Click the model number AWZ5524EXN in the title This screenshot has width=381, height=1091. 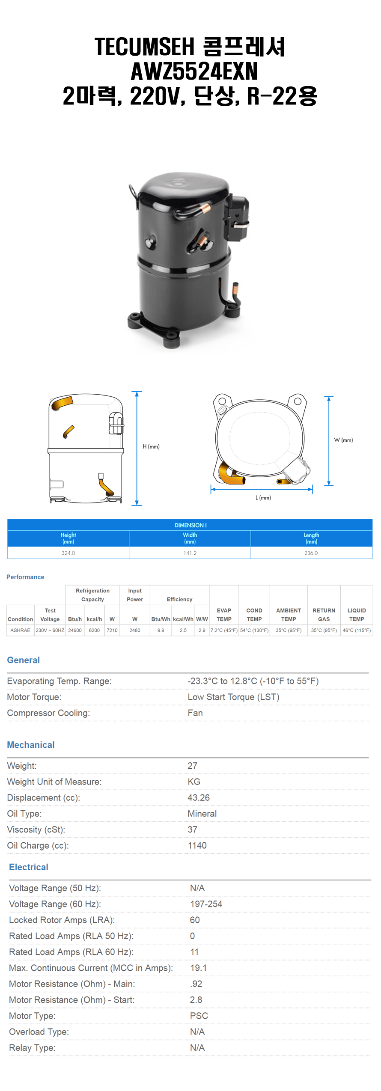[x=194, y=71]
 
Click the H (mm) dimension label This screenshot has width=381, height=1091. [x=151, y=446]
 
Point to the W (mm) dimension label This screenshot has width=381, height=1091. [x=343, y=440]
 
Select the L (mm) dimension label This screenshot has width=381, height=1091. [x=263, y=497]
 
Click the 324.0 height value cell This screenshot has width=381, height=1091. [x=68, y=553]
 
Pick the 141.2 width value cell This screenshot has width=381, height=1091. [x=190, y=553]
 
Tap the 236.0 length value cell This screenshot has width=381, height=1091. [x=311, y=553]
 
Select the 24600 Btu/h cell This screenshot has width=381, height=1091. [x=75, y=630]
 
